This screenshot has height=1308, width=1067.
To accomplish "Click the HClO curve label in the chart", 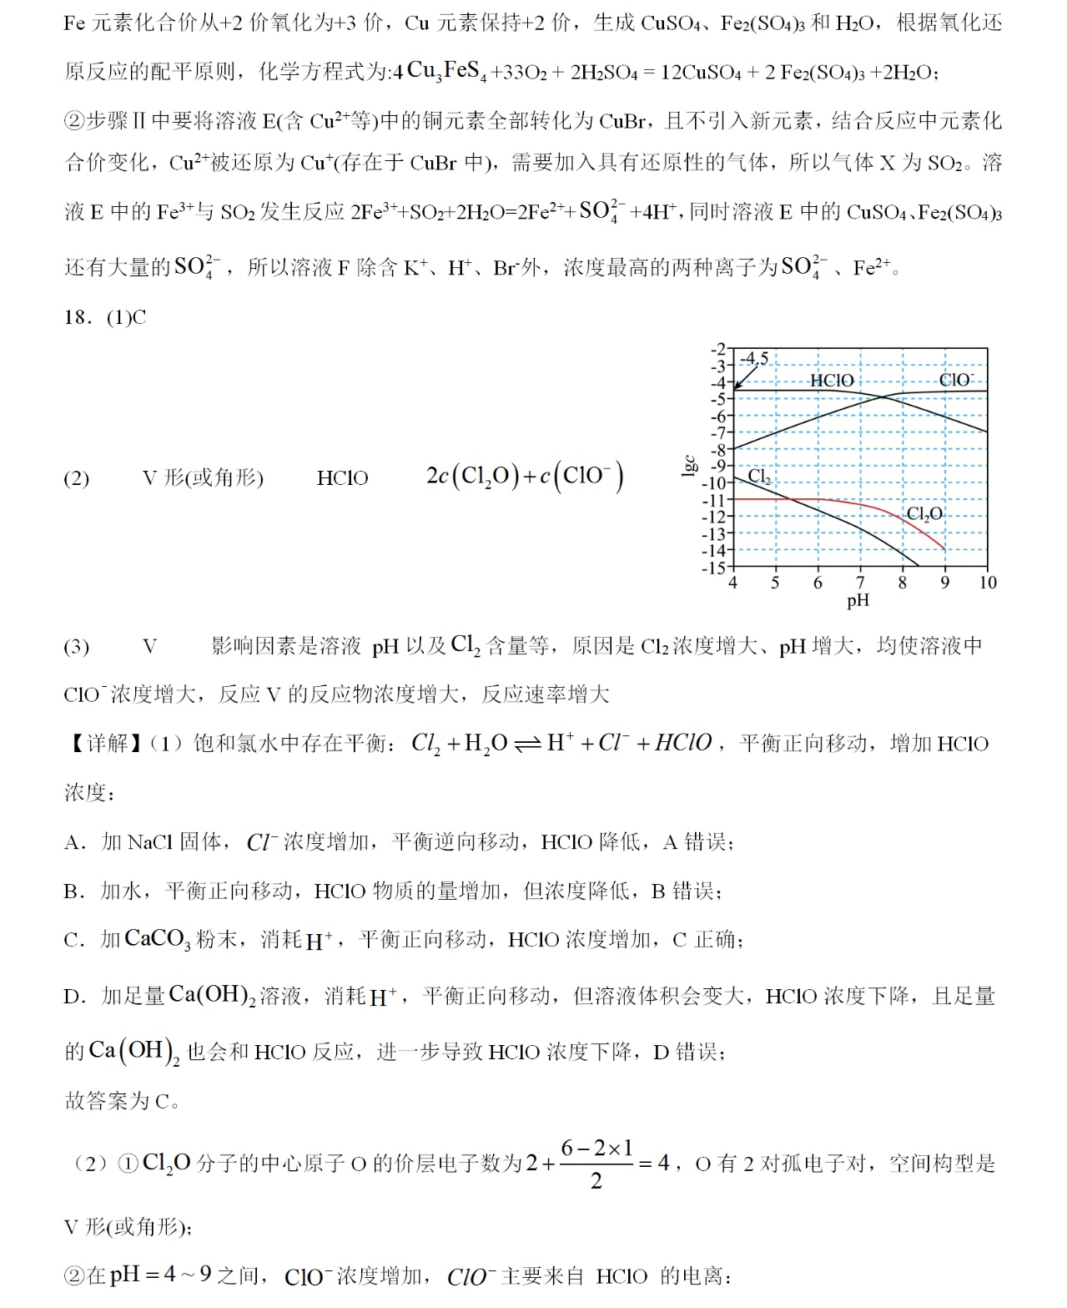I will tap(832, 381).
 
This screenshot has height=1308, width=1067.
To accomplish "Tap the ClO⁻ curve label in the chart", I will tap(955, 380).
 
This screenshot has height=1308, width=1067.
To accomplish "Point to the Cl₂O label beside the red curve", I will tap(924, 513).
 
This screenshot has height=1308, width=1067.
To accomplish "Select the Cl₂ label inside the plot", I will tap(759, 477).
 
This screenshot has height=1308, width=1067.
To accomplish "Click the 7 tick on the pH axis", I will tap(860, 583).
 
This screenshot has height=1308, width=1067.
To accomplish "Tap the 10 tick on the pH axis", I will tap(988, 583).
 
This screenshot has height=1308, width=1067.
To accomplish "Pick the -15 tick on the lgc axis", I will tap(714, 568).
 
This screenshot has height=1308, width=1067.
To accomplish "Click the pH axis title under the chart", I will tap(858, 600).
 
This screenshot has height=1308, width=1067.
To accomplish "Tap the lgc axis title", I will tap(690, 466).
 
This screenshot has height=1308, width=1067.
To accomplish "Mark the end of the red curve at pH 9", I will tap(944, 548).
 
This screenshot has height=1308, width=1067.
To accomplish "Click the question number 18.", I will tap(78, 317).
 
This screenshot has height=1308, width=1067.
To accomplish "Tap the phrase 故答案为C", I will tap(122, 1101).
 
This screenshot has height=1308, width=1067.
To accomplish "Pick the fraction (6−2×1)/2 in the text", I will tap(596, 1164).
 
